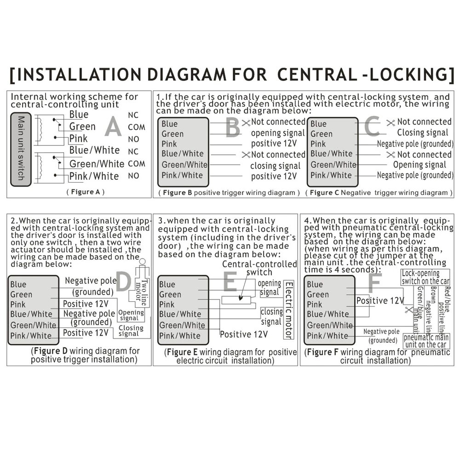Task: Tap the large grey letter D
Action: (123, 282)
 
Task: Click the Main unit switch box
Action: (21, 148)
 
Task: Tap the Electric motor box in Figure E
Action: (288, 310)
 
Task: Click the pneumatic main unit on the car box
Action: (425, 341)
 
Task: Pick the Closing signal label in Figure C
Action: (422, 133)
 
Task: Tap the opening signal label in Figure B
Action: (277, 133)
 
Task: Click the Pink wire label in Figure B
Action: (169, 144)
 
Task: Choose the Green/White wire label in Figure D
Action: (33, 325)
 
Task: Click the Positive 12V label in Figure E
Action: (243, 334)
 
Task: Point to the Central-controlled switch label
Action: (259, 268)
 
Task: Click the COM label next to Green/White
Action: (136, 163)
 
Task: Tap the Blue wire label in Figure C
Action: (318, 124)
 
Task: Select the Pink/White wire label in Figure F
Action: (328, 336)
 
